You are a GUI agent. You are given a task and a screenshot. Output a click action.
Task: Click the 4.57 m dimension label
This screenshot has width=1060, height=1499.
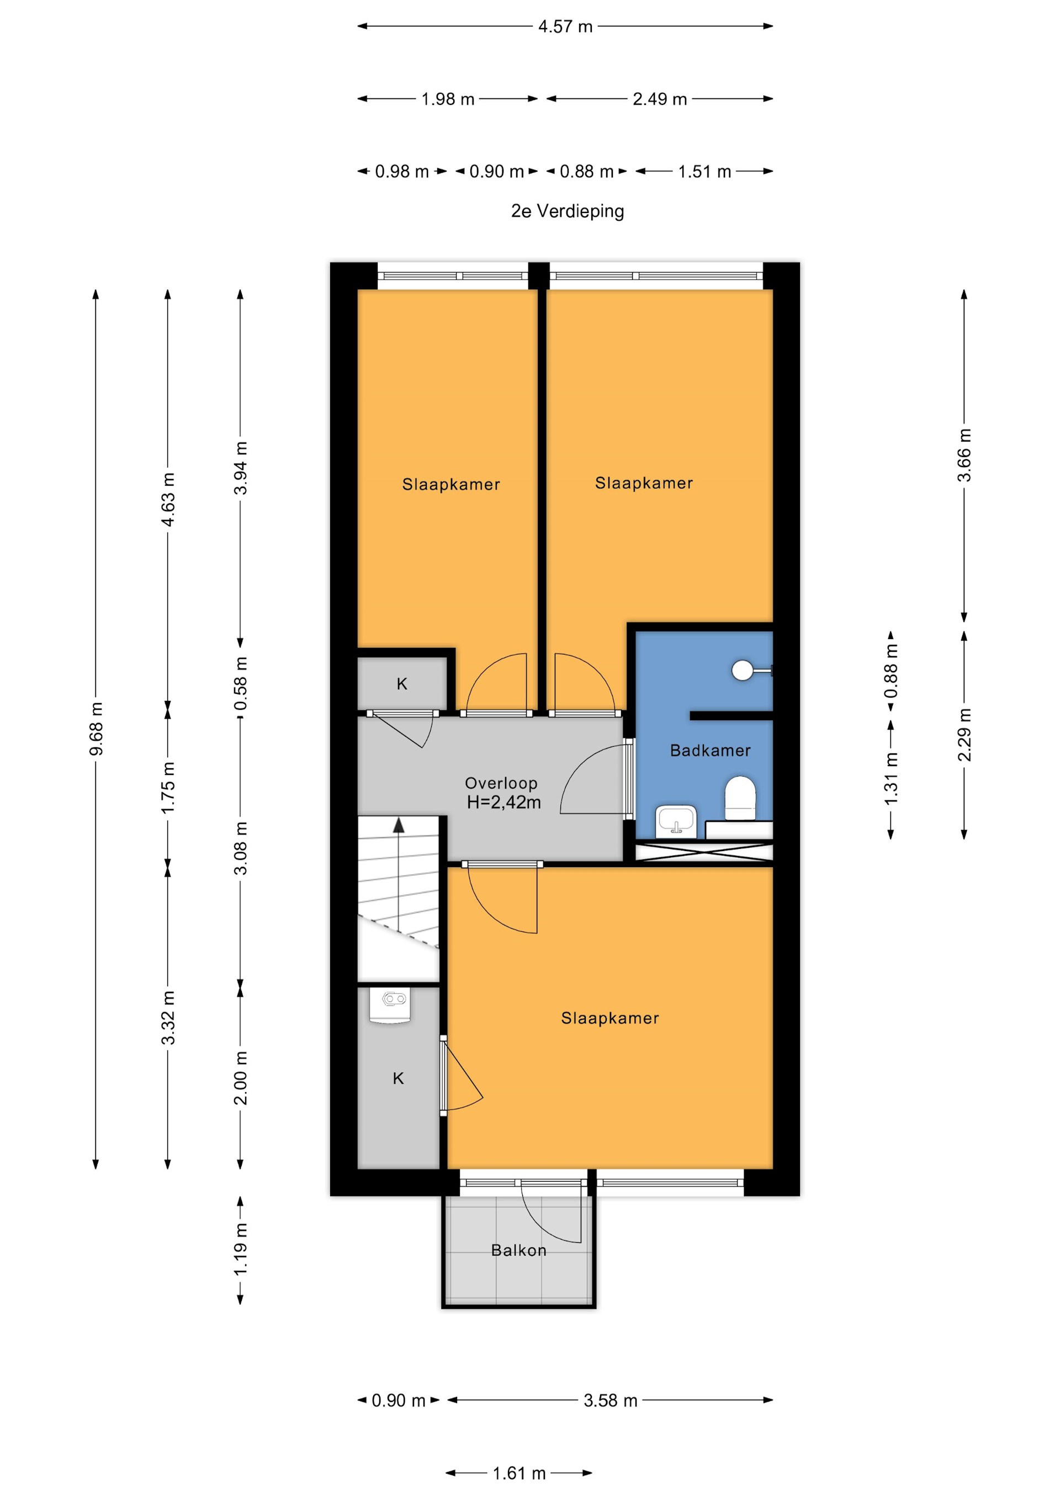coord(565,26)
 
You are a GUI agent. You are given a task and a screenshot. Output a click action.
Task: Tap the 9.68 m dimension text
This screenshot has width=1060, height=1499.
coord(96,729)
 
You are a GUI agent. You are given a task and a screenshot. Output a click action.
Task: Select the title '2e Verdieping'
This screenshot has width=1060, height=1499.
coord(568,211)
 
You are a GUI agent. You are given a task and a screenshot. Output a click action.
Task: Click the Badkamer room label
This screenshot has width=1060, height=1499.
coord(710,750)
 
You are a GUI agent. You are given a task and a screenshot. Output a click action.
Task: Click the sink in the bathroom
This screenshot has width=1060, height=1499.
coord(676,820)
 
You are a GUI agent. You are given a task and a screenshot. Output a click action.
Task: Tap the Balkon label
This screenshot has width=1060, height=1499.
coord(518,1250)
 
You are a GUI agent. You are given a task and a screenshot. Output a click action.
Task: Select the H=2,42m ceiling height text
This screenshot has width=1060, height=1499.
coord(504,802)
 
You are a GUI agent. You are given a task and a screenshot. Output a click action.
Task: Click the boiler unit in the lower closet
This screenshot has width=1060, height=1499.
coord(389,1006)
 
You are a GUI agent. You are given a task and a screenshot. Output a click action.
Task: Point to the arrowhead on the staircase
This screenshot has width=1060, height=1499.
coord(399,825)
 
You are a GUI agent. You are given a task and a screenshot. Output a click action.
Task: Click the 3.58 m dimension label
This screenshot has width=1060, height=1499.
coord(610,1400)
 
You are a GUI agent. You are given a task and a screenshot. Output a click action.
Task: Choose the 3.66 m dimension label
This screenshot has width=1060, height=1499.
coord(964,455)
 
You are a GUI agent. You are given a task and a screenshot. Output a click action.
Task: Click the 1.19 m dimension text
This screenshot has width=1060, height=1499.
coord(240,1249)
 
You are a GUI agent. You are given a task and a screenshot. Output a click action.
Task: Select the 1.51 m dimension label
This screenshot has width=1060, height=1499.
coord(704,172)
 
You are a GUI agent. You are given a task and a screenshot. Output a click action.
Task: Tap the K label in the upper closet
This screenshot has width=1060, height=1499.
coord(402,684)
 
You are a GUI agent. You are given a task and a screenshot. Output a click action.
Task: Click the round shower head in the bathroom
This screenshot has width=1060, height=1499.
coord(742,670)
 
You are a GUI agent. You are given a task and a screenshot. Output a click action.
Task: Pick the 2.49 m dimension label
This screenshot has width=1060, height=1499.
coord(660,99)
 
